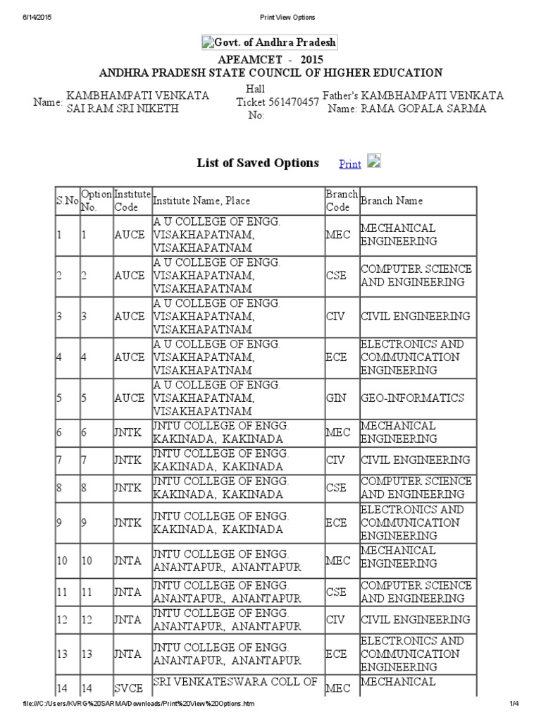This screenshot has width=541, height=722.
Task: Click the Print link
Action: tap(350, 164)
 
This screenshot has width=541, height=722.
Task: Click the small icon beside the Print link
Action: tap(374, 161)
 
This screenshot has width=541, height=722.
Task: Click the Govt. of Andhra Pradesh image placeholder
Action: tap(270, 42)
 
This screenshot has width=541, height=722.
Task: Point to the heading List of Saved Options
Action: tap(257, 163)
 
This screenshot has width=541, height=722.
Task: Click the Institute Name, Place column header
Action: tap(201, 201)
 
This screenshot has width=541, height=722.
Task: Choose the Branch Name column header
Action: tap(392, 201)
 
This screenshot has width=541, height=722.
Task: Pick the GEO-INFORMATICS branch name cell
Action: tap(403, 398)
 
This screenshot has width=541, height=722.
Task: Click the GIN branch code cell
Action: tap(336, 398)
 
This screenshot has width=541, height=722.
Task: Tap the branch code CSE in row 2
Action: tap(336, 276)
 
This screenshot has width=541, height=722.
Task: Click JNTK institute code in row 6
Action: tap(128, 432)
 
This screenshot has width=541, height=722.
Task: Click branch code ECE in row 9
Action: tap(336, 522)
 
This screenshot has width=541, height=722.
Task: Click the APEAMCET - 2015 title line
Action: tap(270, 60)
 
